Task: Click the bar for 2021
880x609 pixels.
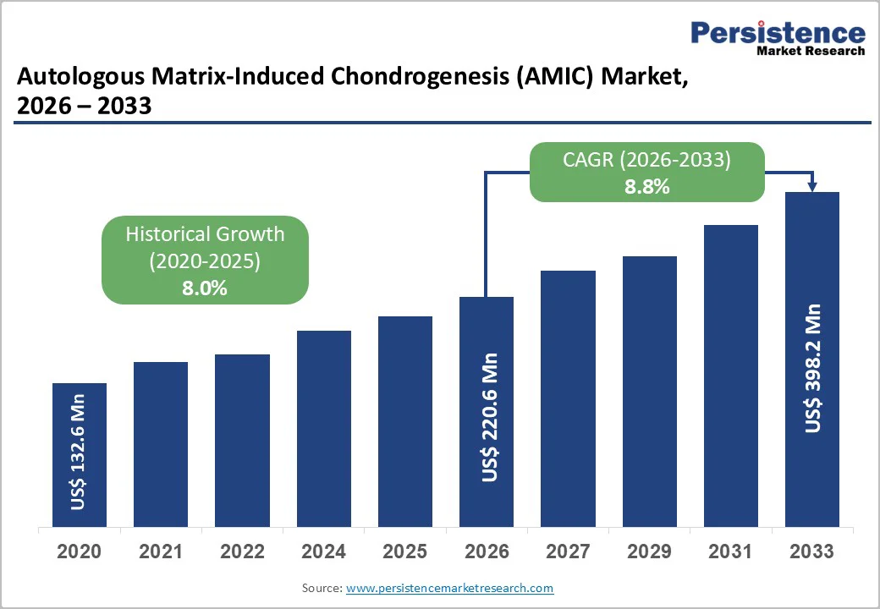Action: [161, 443]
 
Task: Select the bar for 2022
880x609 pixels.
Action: [242, 440]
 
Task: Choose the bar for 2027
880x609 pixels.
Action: [568, 398]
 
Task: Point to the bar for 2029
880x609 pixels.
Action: [650, 390]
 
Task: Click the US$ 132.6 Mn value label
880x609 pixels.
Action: [79, 452]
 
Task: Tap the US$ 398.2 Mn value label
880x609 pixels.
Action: [813, 367]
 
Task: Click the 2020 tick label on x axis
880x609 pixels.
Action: [79, 551]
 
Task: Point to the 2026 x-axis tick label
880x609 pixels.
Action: [487, 551]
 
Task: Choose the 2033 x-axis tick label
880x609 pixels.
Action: [811, 551]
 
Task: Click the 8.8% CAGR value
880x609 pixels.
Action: [647, 187]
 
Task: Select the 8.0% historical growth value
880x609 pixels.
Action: [205, 288]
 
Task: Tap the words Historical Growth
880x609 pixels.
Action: [205, 234]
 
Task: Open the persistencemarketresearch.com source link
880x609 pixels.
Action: [450, 588]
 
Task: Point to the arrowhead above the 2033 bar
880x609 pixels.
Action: [812, 186]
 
